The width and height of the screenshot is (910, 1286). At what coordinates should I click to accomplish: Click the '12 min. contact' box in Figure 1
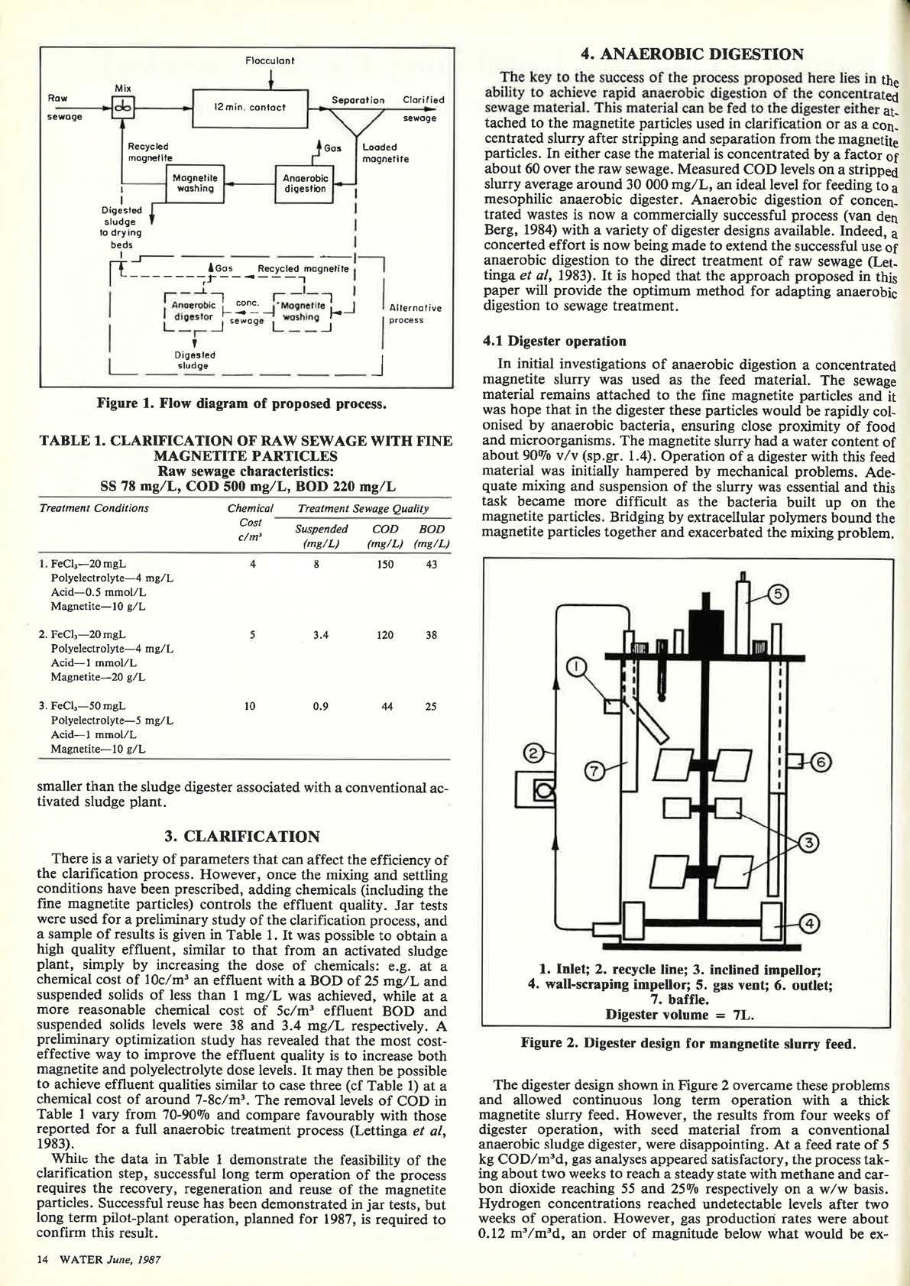coord(250,108)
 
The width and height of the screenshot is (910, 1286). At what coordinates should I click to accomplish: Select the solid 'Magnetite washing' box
coord(195,184)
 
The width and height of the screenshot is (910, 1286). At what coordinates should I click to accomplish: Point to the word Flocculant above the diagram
coord(270,60)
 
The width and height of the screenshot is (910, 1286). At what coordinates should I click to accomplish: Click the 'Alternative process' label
coord(416,314)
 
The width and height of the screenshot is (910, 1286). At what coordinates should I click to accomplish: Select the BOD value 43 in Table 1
coord(431,564)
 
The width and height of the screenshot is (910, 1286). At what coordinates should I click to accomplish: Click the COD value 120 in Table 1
coord(385,635)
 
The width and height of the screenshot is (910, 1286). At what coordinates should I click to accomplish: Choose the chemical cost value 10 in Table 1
coord(250,707)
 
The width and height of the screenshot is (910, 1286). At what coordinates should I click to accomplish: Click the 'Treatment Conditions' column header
coord(93,508)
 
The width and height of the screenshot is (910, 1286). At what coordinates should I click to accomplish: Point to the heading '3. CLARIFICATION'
coord(241,836)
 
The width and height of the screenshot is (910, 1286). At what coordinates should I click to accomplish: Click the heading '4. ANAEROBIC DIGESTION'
coord(691,54)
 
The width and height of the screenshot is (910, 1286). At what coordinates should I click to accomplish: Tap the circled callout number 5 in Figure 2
coord(776,594)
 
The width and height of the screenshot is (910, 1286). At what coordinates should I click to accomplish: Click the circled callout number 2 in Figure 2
coord(536,753)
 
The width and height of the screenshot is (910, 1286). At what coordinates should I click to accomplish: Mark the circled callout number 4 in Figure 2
coord(811,924)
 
